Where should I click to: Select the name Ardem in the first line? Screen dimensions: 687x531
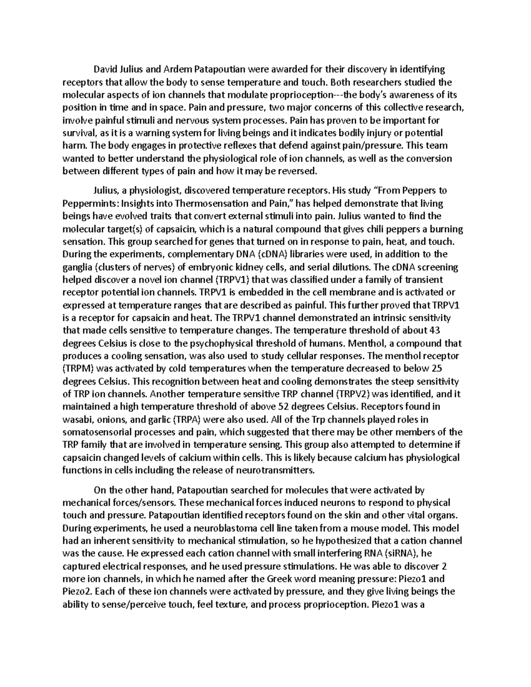point(177,69)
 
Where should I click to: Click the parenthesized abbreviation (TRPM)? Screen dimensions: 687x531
point(78,368)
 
